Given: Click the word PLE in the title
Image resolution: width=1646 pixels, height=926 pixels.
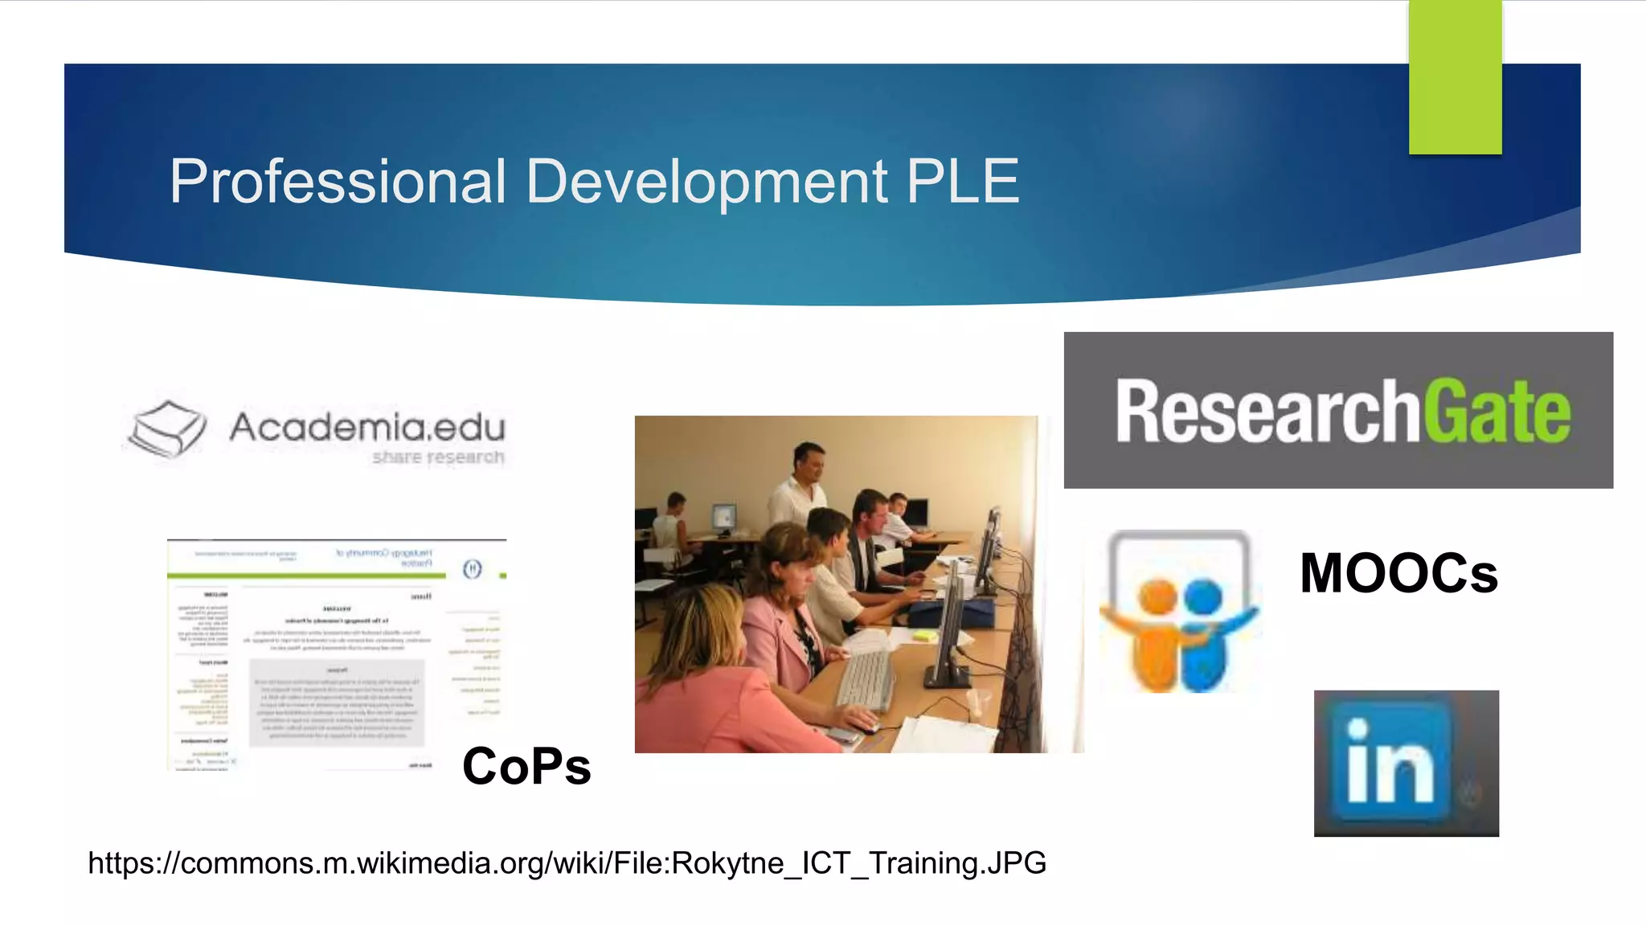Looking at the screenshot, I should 962,182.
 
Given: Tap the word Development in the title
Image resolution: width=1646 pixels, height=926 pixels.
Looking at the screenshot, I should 706,182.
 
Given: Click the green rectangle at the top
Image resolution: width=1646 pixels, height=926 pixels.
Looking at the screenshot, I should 1455,76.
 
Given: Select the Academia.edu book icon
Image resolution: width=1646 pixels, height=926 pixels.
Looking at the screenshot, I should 167,428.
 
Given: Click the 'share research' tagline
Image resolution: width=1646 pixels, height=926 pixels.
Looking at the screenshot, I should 438,457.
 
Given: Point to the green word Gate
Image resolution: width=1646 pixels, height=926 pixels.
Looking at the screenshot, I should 1497,412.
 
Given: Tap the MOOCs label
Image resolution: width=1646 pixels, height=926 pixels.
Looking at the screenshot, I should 1398,574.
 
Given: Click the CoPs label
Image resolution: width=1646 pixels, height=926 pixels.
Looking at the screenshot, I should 526,766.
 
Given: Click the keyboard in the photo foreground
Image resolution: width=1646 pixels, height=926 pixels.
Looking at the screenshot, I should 866,679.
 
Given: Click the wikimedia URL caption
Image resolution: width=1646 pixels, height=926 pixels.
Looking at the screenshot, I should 567,863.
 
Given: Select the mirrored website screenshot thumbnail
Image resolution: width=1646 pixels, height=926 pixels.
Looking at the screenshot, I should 336,655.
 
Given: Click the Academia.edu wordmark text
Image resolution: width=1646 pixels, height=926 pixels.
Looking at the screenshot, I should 367,426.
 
